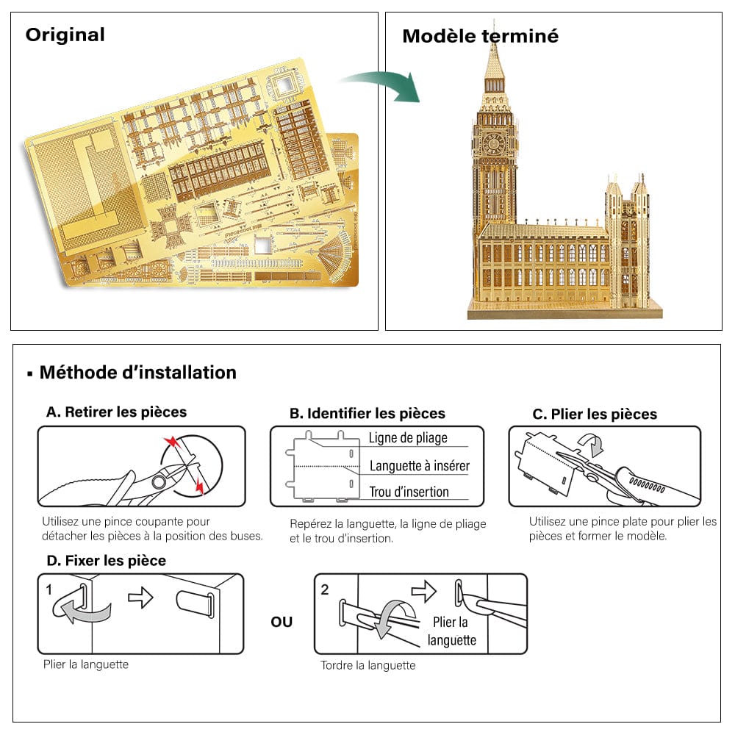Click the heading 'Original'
65,35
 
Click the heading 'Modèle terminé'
480,35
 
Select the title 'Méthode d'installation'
137,372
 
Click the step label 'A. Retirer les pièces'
116,412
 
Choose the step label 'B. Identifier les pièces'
367,413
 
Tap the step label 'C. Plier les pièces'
595,414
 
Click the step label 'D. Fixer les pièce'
106,560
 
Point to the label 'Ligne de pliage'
408,438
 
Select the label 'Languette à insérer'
419,465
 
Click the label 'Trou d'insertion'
409,492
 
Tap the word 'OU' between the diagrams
282,622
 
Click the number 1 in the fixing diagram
49,589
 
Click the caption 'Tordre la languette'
367,665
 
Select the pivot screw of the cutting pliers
159,482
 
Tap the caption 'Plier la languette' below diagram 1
86,664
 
